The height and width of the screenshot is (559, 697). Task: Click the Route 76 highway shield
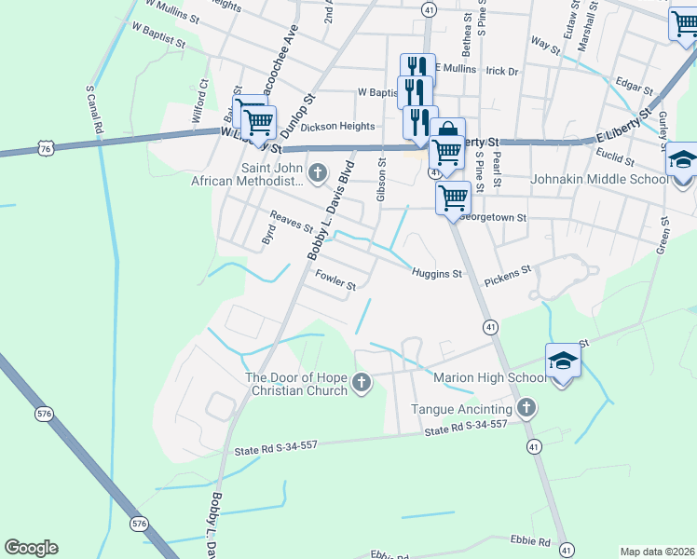(46, 148)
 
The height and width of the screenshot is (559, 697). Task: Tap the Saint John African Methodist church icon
(318, 172)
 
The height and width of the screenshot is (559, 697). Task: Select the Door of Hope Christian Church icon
(361, 381)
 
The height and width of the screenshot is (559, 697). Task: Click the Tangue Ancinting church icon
(526, 407)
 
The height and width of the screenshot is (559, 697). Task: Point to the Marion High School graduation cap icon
(563, 361)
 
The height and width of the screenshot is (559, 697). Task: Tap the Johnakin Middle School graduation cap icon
(682, 160)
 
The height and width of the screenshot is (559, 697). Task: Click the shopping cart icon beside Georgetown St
(453, 197)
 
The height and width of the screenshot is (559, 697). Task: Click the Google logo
(31, 547)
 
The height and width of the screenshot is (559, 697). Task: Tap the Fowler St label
(335, 280)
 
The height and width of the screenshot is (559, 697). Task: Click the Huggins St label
(438, 274)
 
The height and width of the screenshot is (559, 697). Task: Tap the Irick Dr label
(501, 71)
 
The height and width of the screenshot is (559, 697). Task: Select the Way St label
(540, 42)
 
